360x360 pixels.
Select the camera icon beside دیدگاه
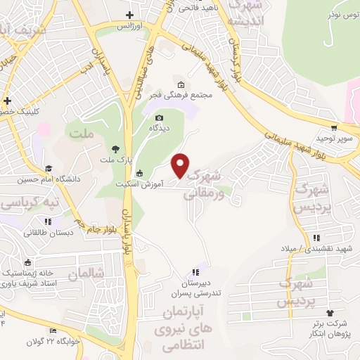click(x=159, y=117)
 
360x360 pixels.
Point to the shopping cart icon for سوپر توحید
click(x=334, y=128)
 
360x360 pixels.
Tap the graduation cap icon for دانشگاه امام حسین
click(x=49, y=168)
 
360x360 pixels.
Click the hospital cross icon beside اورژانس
click(x=129, y=15)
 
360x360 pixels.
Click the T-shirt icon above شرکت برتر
click(x=330, y=313)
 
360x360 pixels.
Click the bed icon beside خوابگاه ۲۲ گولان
click(x=53, y=331)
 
